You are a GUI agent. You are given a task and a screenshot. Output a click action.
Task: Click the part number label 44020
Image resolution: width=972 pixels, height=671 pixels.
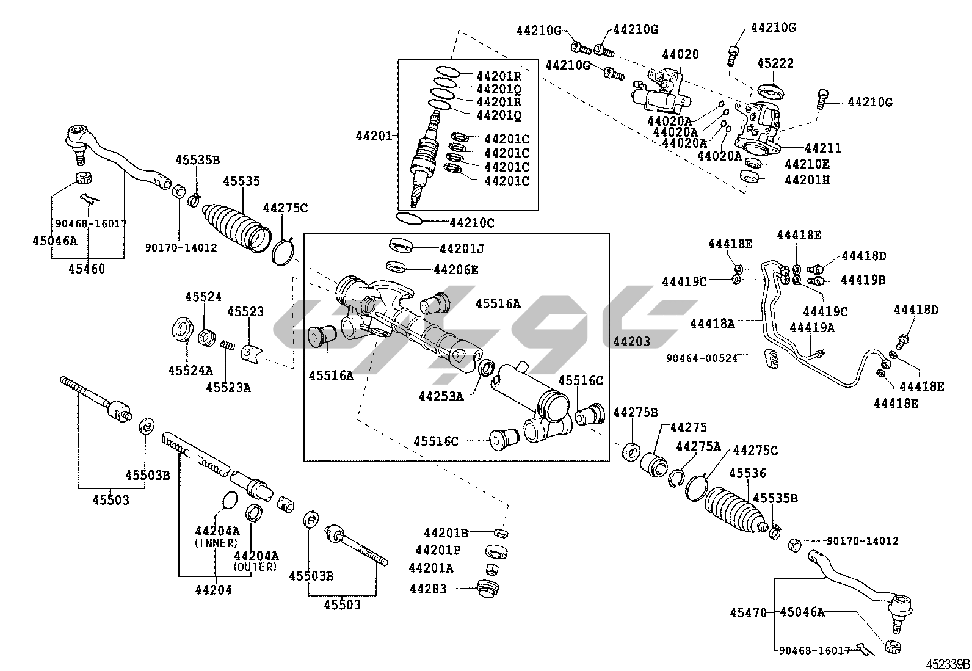click(x=680, y=55)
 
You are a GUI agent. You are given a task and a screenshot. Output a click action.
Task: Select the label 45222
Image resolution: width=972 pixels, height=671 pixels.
click(x=775, y=63)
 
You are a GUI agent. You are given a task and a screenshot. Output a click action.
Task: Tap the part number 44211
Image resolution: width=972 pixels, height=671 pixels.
click(x=822, y=148)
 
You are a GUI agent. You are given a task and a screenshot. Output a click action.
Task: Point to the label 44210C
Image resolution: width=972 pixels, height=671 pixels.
click(x=471, y=223)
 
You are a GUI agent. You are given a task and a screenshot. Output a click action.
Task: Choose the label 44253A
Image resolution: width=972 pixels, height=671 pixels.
click(x=441, y=396)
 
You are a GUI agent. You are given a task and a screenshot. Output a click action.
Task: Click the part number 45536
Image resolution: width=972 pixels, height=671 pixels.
click(x=747, y=473)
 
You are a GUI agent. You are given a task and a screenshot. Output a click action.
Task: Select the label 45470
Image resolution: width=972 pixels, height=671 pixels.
click(x=748, y=612)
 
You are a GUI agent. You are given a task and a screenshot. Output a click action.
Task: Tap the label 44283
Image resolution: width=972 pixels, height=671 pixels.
click(x=428, y=589)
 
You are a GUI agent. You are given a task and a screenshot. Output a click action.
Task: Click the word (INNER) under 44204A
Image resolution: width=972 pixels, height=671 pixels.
click(x=216, y=543)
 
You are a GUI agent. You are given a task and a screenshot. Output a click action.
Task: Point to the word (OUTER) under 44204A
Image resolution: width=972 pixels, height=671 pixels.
click(x=255, y=567)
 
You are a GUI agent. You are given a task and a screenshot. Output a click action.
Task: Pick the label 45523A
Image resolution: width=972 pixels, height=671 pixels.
click(x=228, y=387)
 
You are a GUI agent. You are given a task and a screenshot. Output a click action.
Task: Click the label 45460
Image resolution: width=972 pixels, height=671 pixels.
click(x=87, y=269)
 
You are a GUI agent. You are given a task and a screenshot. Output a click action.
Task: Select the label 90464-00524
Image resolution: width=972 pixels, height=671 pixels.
click(x=702, y=358)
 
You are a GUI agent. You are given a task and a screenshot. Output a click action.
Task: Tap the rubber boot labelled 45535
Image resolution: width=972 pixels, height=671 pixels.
click(x=235, y=226)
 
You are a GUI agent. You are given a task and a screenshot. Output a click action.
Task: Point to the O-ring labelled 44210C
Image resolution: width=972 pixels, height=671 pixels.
click(x=409, y=219)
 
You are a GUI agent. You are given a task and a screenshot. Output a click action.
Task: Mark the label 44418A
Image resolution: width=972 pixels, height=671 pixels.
click(x=713, y=323)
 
